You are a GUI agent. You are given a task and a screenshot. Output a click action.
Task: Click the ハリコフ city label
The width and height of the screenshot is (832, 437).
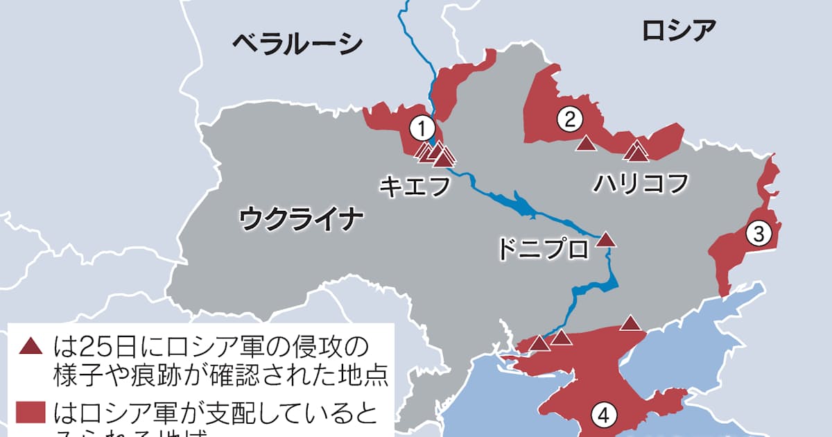click(641, 184)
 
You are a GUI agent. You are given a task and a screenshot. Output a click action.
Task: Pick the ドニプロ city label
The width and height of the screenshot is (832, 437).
click(542, 249)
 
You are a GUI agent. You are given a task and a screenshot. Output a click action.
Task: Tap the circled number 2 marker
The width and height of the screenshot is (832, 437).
click(569, 120)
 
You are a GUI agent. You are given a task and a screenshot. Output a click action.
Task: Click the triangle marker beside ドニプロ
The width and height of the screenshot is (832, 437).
click(606, 239)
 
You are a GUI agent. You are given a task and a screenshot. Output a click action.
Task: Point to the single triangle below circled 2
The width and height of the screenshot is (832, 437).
click(586, 144)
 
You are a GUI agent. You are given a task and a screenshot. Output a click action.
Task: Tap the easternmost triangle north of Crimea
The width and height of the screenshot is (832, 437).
click(630, 323)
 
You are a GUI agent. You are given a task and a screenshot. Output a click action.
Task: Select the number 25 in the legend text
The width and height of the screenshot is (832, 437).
click(92, 345)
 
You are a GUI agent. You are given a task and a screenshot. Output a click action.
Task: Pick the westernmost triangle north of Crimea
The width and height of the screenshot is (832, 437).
click(539, 343)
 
